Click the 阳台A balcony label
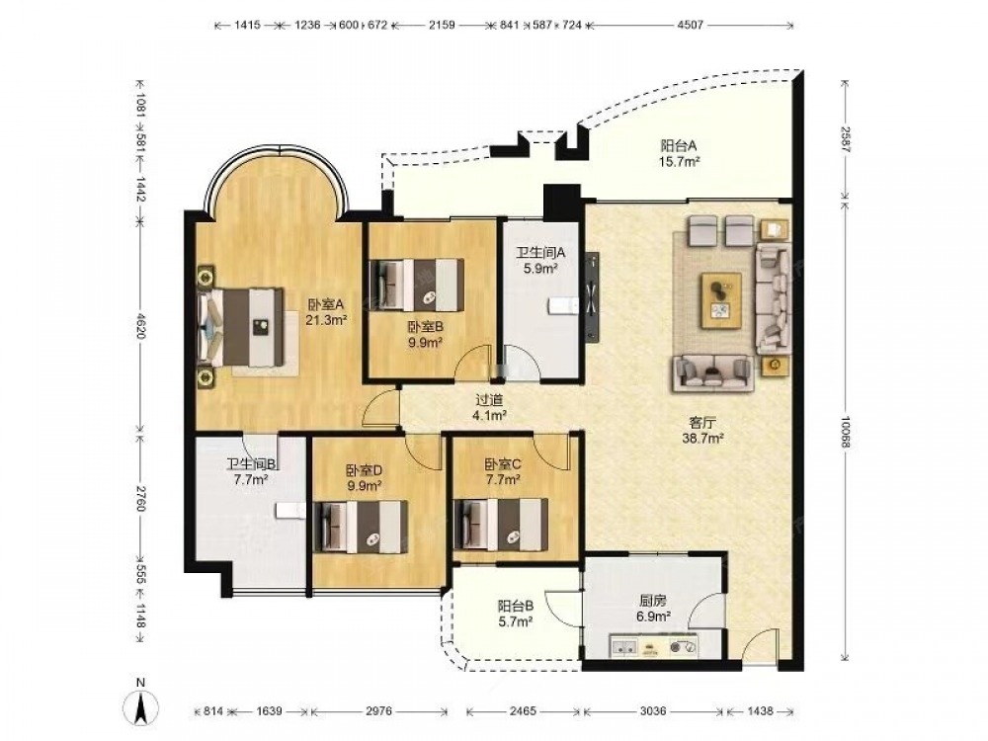pos(679,145)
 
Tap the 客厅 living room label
pos(701,423)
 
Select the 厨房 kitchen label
pos(651,602)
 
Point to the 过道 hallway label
pos(489,400)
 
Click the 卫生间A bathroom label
pos(540,253)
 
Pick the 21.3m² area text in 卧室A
pos(326,320)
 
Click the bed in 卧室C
pos(500,525)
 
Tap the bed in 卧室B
pos(416,285)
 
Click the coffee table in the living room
pos(722,300)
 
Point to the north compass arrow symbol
pos(142,707)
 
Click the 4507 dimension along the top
pos(690,26)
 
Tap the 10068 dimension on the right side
pos(846,431)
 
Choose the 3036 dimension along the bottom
pos(652,711)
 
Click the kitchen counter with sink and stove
pos(654,646)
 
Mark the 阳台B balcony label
pos(516,607)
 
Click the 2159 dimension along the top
pos(442,26)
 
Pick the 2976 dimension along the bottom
pos(378,711)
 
